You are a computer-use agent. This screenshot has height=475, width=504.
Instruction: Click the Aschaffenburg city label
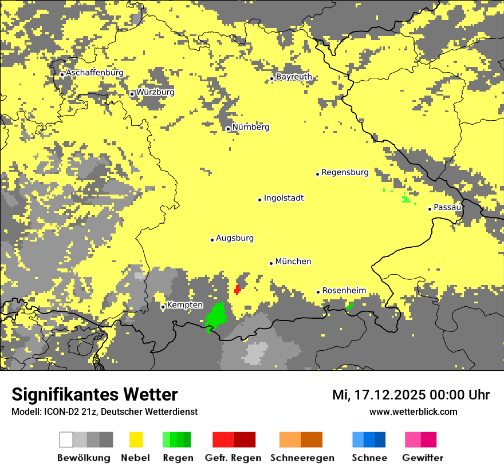(x=94, y=73)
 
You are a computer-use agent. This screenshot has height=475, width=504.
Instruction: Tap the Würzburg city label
(x=155, y=92)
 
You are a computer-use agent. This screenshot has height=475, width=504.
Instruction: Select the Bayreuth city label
(x=294, y=77)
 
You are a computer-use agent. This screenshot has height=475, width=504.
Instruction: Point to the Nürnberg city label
(x=250, y=127)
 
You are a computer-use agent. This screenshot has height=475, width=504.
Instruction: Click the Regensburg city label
(x=345, y=172)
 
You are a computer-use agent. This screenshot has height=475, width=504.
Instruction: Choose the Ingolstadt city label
(x=283, y=198)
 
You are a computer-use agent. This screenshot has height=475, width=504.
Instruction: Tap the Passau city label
(x=447, y=207)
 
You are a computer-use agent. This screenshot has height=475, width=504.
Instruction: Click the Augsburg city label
(x=235, y=238)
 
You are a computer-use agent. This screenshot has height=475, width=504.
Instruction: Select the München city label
(x=293, y=262)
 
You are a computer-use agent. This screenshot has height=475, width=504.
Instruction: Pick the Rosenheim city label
(x=344, y=291)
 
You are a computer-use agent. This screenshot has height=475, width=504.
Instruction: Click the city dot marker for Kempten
(x=163, y=307)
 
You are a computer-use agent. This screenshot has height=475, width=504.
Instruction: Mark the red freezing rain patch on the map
(x=237, y=290)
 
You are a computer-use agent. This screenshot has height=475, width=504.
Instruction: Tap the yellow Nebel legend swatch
(x=136, y=440)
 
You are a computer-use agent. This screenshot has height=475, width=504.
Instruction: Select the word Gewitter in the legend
(x=423, y=458)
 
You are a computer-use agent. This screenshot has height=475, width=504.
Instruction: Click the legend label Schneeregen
(x=302, y=458)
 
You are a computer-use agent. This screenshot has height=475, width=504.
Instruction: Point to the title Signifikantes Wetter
(x=94, y=394)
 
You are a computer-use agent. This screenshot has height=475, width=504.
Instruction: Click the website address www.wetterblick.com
(x=413, y=412)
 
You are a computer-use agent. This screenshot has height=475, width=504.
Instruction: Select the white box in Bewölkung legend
(x=66, y=440)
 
